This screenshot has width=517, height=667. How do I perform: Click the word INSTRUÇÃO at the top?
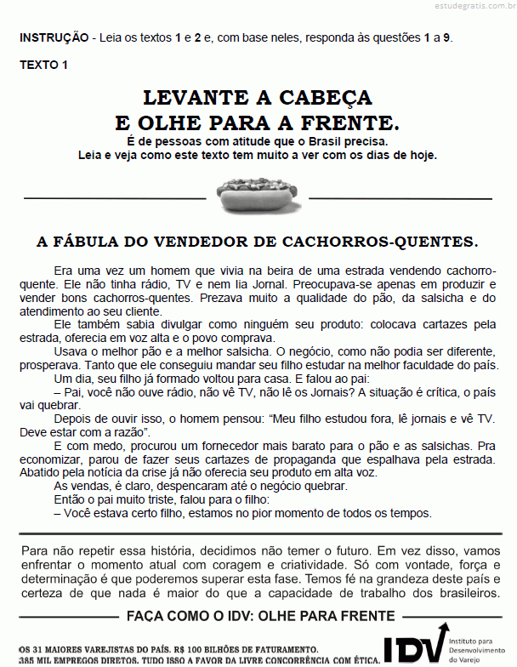point(54,37)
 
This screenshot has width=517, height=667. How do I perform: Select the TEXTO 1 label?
point(44,65)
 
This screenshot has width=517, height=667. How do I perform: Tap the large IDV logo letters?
point(415,644)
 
